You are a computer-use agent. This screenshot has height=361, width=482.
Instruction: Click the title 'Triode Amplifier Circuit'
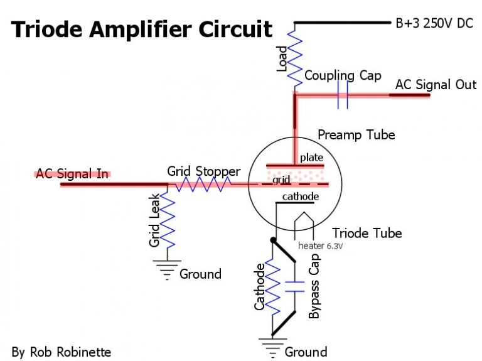[x=142, y=30]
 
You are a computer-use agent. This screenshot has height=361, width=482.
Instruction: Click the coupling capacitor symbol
[x=343, y=95]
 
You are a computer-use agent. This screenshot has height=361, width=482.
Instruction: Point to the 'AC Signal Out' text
[x=436, y=84]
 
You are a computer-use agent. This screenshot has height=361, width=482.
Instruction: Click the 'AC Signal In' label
[x=72, y=174]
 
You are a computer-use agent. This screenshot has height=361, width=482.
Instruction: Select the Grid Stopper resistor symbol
[x=202, y=185]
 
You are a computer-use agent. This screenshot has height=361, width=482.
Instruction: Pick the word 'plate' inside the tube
[x=310, y=157]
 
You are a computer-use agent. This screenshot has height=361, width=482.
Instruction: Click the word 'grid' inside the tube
[x=281, y=180]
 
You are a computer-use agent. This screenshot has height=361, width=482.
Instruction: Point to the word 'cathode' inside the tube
[x=300, y=197]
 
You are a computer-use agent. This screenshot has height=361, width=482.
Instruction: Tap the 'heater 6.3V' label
[x=320, y=245]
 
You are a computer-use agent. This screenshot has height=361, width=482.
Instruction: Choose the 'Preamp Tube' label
[x=356, y=135]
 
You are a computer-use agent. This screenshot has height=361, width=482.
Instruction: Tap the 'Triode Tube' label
[x=367, y=233]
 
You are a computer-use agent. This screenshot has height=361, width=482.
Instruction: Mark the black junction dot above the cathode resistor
[x=273, y=240]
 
